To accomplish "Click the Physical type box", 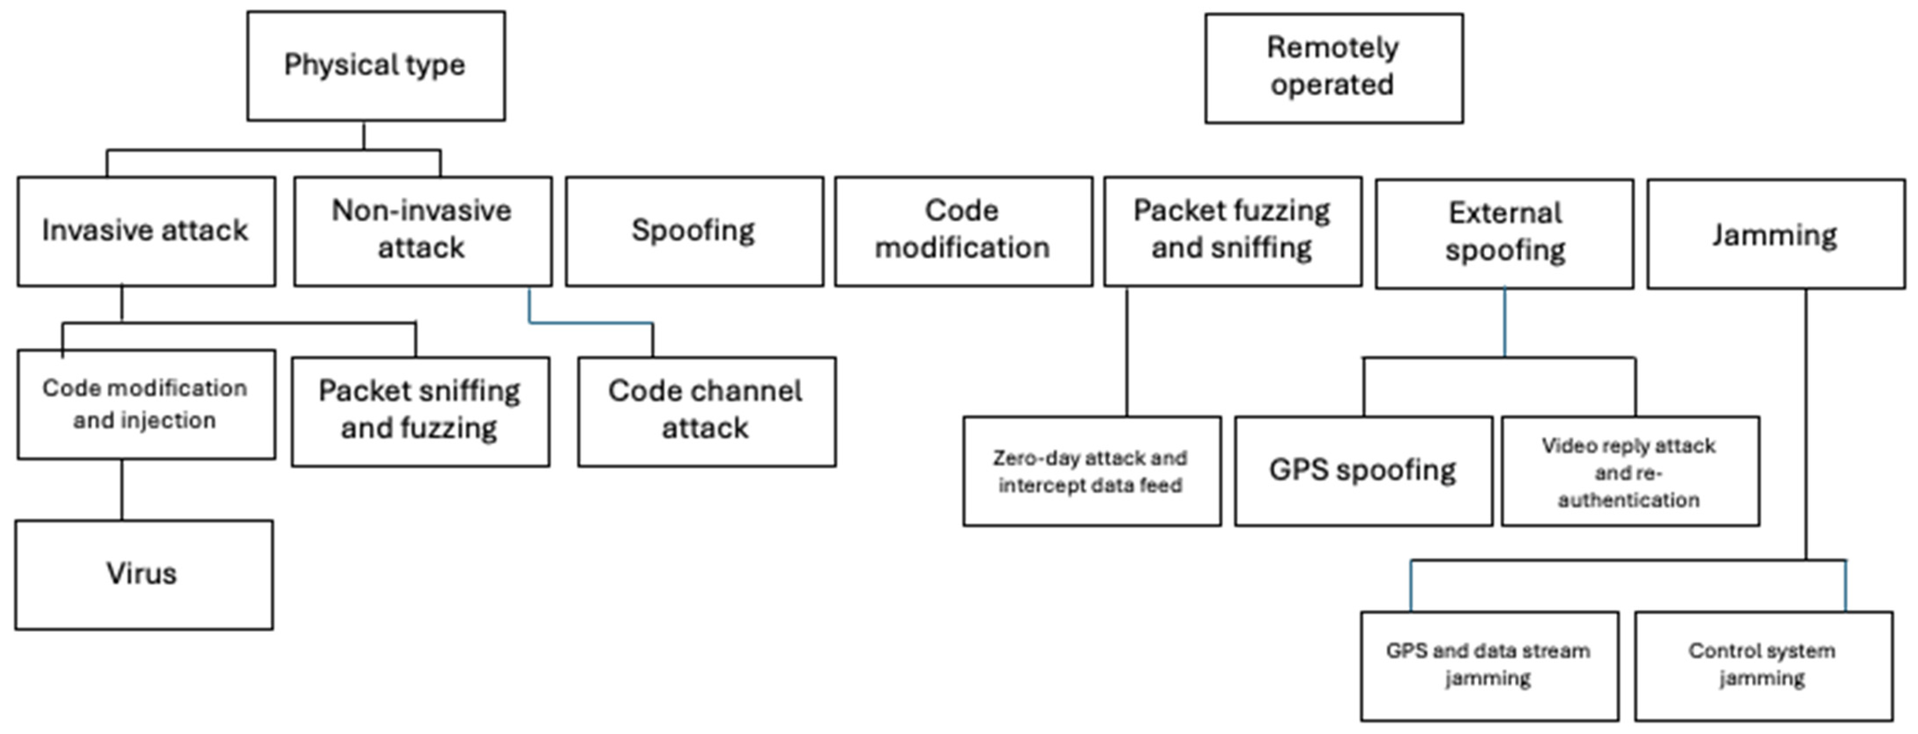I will click(376, 66).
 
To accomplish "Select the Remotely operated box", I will click(1333, 68).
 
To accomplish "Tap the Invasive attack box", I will click(146, 231).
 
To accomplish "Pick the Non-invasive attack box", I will click(422, 231).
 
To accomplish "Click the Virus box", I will click(144, 575).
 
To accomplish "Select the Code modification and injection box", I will click(146, 404).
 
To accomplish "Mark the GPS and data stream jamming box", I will click(1489, 665).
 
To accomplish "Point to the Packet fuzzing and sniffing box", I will click(1232, 231).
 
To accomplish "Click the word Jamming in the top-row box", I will click(1775, 235).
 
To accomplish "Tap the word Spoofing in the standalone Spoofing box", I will click(693, 231).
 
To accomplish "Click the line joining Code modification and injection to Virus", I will click(122, 489).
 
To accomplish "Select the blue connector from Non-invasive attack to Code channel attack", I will click(591, 323).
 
